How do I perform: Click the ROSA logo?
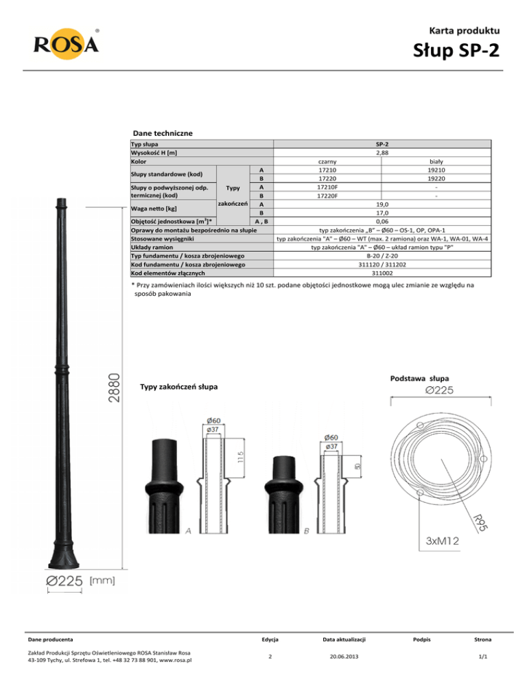[66, 44]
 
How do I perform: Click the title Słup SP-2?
[456, 51]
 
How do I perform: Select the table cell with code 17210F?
[327, 187]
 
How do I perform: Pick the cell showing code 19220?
[436, 178]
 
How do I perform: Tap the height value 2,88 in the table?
[382, 153]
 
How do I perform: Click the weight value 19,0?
[382, 204]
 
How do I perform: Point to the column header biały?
[436, 161]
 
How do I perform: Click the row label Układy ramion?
[152, 247]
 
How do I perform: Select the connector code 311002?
[382, 273]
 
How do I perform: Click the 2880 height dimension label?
[114, 388]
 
